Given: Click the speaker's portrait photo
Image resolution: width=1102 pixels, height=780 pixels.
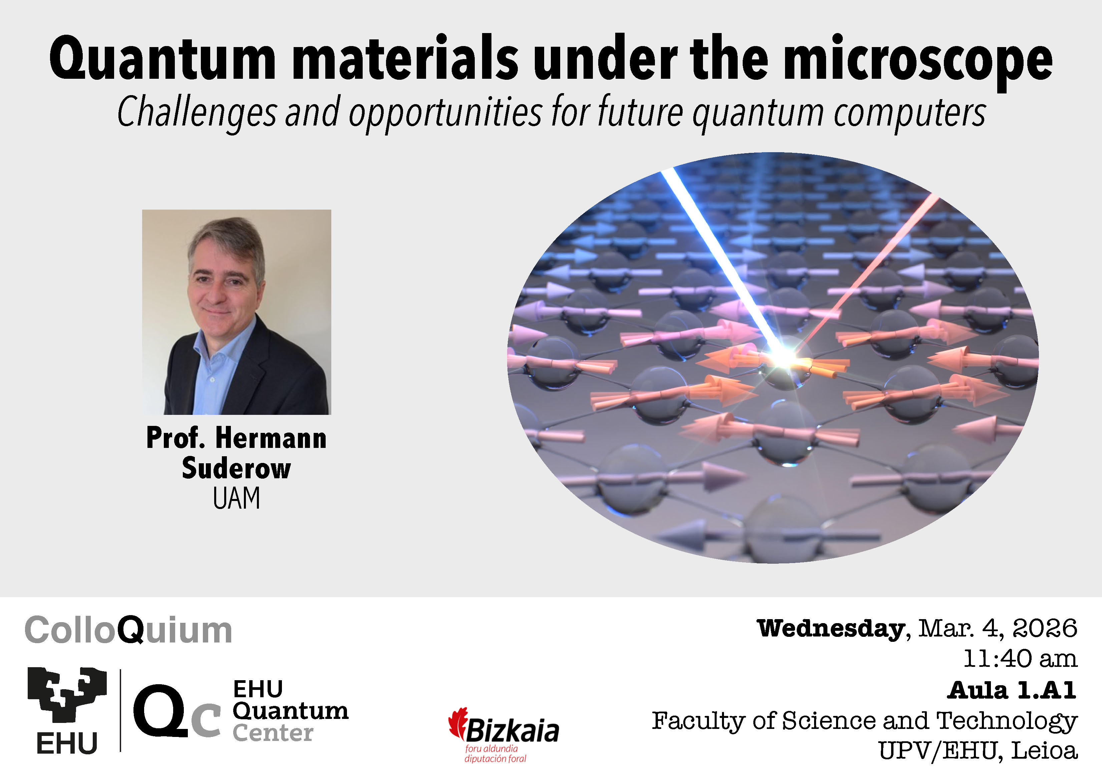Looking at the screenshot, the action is pyautogui.click(x=236, y=312).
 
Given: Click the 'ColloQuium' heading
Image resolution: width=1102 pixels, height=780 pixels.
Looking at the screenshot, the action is pyautogui.click(x=128, y=630).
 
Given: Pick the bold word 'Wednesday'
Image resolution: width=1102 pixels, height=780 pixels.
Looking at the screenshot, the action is pyautogui.click(x=831, y=628).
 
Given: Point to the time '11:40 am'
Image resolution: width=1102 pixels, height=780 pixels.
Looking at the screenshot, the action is pyautogui.click(x=1020, y=659).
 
